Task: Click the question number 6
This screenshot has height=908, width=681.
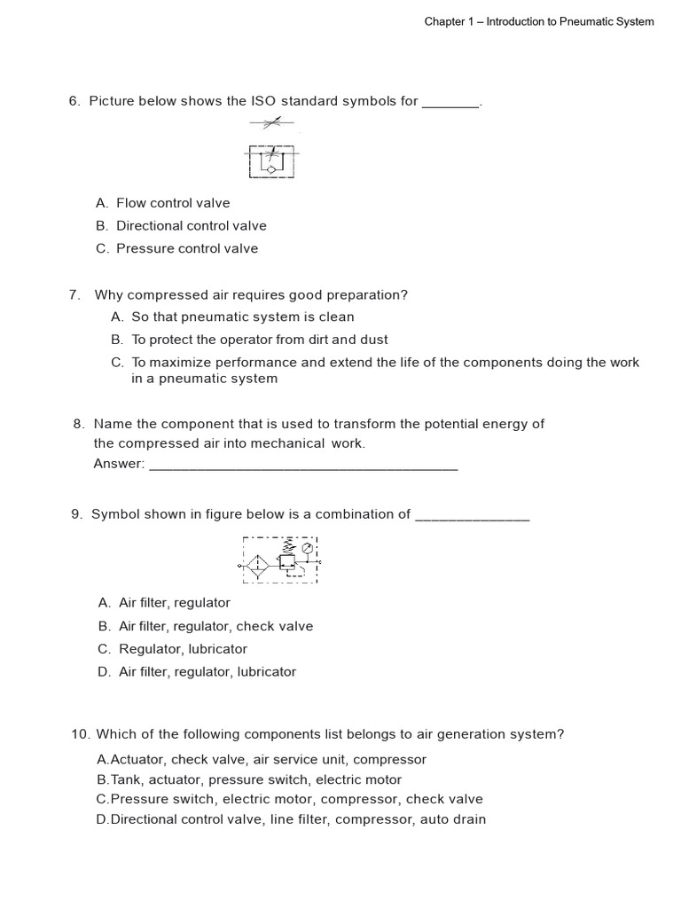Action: [x=74, y=101]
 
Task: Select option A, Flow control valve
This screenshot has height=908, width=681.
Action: [x=173, y=203]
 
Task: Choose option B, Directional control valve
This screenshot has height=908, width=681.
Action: [x=191, y=226]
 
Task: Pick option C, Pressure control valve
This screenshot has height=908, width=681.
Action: [x=187, y=249]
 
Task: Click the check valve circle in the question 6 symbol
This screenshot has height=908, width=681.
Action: [x=271, y=168]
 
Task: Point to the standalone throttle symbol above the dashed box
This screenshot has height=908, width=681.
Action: [x=271, y=123]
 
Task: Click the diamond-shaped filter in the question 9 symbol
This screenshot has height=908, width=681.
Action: [x=257, y=564]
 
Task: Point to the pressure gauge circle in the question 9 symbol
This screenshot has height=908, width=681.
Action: [x=307, y=549]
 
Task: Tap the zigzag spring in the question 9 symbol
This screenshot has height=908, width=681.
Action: [x=286, y=547]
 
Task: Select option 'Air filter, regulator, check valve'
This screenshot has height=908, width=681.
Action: [x=215, y=626]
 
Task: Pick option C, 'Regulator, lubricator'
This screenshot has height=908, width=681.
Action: [x=183, y=649]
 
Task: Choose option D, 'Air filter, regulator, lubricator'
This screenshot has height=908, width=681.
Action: [x=207, y=672]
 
